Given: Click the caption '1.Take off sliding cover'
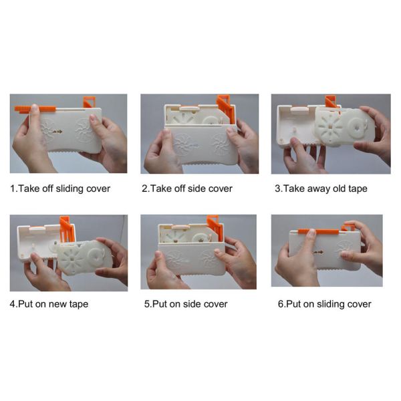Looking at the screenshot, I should pos(60,188).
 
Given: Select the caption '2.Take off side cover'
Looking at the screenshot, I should pos(187,188).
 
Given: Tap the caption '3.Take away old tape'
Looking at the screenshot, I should pos(321,188).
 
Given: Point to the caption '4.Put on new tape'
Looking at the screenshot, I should pos(49,303).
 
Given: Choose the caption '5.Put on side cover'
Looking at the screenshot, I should pos(186,303).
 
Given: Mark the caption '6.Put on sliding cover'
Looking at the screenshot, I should pos(324,303).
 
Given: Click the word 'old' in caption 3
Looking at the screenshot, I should pos(335,188).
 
